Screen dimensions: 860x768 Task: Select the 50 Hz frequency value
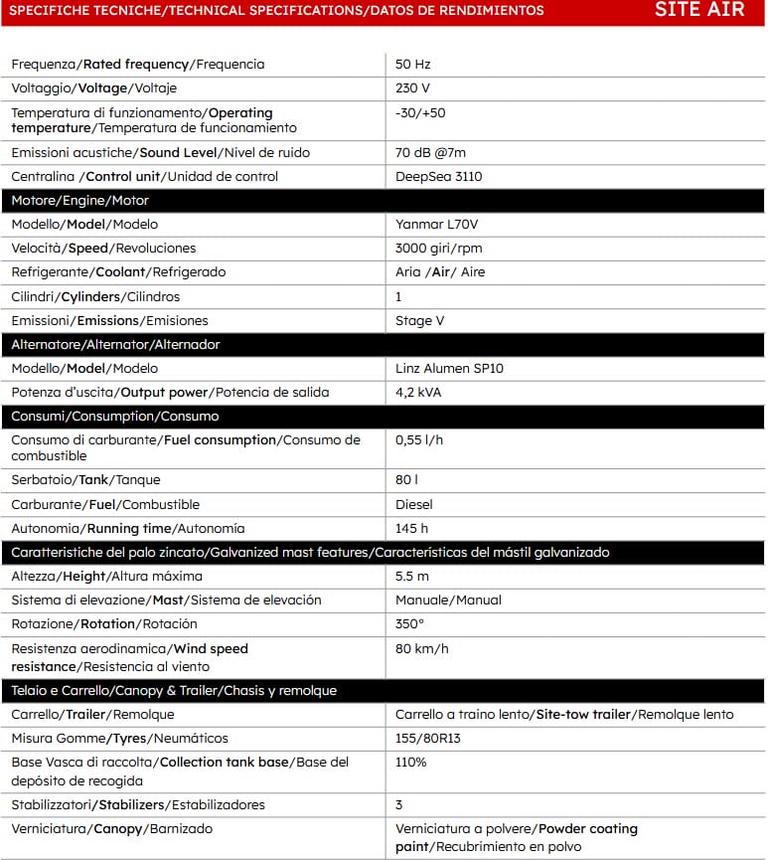tap(412, 65)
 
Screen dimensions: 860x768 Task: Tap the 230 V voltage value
tap(412, 88)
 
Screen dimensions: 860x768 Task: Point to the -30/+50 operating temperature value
tap(420, 113)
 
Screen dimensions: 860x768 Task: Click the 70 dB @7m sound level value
tap(430, 153)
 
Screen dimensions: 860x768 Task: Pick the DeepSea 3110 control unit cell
tap(439, 177)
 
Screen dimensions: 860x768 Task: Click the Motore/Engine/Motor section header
tap(79, 201)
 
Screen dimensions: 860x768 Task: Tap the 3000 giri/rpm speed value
tap(438, 249)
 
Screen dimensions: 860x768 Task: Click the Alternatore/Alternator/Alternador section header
tap(115, 345)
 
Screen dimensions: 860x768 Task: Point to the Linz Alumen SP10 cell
tap(449, 369)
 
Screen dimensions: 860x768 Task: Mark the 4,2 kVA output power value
tap(418, 393)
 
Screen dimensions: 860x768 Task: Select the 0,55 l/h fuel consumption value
tap(417, 440)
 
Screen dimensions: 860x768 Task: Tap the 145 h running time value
tap(411, 529)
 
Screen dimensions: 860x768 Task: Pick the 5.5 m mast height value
tap(411, 577)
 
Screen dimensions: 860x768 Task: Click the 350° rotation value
tap(409, 624)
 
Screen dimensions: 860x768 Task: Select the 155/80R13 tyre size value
tap(427, 739)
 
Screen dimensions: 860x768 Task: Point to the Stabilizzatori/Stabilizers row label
tap(138, 805)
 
